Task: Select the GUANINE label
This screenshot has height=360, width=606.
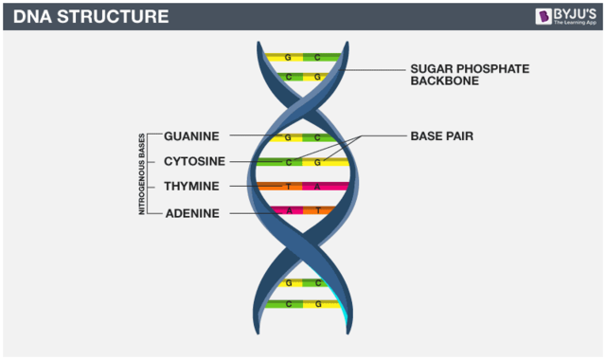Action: (x=191, y=136)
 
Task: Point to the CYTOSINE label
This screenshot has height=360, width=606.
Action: (x=194, y=162)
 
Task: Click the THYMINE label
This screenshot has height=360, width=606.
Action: (x=191, y=187)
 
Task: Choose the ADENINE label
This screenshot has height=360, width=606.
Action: (x=192, y=213)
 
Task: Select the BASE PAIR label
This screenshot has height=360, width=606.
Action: (x=441, y=136)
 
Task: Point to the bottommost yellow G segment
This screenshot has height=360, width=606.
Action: (x=319, y=304)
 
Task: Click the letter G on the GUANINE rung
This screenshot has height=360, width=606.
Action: (x=287, y=137)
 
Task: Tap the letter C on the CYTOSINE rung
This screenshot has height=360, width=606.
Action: (x=289, y=162)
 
